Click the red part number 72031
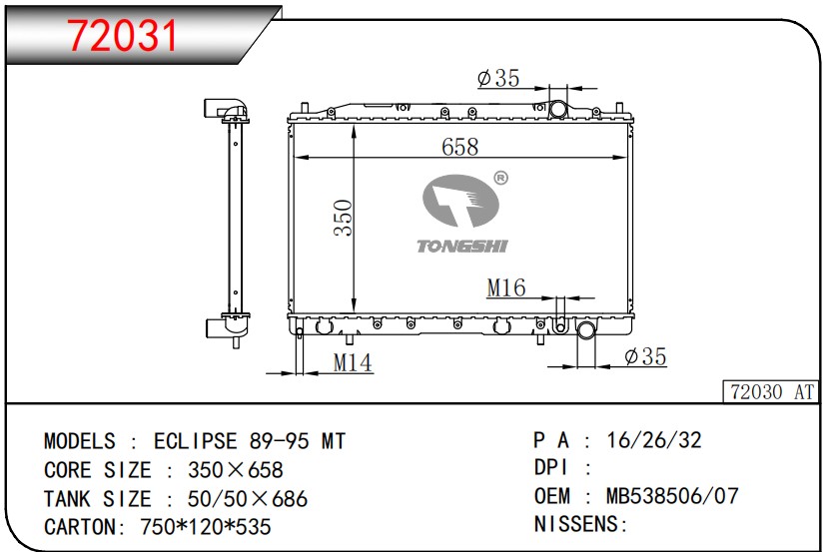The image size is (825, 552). pyautogui.click(x=122, y=36)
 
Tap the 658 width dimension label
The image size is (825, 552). pyautogui.click(x=459, y=146)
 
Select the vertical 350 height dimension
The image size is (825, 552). pyautogui.click(x=343, y=218)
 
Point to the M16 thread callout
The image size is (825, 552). pyautogui.click(x=505, y=288)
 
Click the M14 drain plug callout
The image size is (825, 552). pyautogui.click(x=352, y=363)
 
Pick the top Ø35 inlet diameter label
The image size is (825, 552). pyautogui.click(x=498, y=78)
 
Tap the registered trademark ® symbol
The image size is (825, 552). pyautogui.click(x=500, y=178)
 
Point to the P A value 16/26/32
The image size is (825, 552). pyautogui.click(x=661, y=440)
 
